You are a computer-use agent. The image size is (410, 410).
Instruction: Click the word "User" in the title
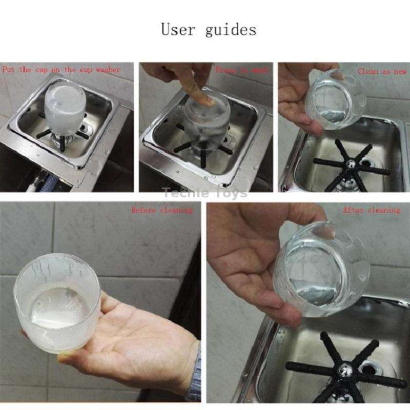179,29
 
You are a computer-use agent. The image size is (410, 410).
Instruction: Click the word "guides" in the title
231,30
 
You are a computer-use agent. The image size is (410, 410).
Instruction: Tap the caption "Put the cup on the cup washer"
61,69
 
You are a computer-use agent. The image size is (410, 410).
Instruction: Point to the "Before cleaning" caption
161,210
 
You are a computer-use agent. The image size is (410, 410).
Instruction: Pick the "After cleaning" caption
371,210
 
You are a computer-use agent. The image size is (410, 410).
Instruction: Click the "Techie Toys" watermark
205,193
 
